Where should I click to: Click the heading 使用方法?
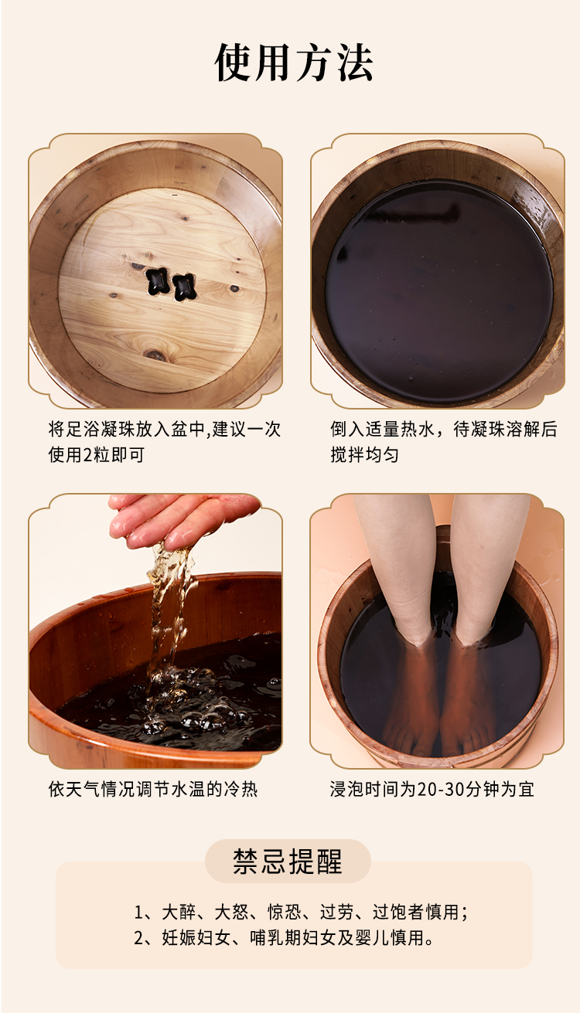(294, 63)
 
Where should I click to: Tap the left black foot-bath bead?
(158, 281)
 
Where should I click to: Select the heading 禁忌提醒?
(288, 861)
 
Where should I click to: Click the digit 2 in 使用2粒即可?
(88, 455)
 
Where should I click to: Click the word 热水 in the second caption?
(418, 429)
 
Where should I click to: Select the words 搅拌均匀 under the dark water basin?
(364, 455)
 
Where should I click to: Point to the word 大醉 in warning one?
(179, 912)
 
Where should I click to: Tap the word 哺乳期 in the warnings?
(276, 937)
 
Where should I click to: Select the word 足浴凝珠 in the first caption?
(101, 429)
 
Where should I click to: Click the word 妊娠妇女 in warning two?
(196, 937)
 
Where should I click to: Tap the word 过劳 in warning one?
(336, 912)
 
